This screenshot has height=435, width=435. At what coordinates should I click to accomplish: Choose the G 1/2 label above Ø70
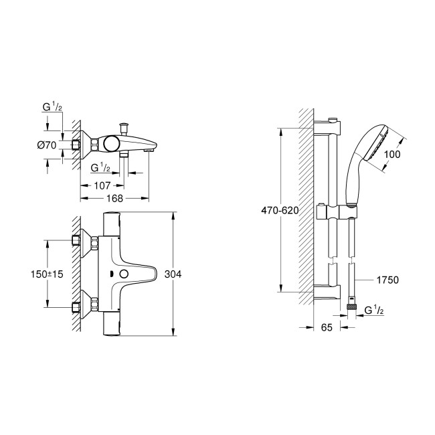coord(52,108)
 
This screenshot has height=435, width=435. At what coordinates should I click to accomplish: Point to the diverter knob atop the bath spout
coord(123,128)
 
